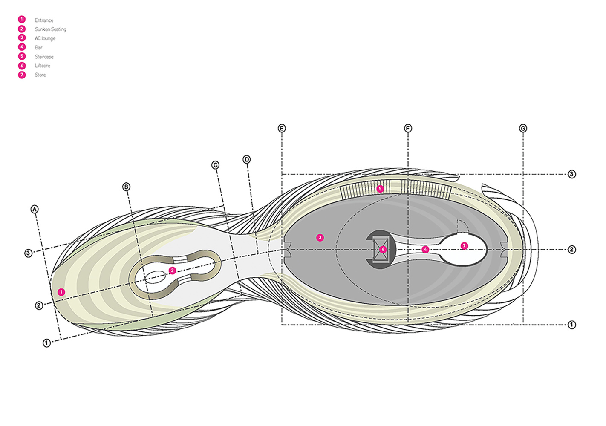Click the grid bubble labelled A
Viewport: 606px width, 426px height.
coord(35,209)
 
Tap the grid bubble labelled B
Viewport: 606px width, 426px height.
coord(126,187)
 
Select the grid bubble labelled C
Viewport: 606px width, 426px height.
coord(215,165)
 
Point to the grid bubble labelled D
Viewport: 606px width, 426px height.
coord(247,159)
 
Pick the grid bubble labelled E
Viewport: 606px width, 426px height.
coord(282,128)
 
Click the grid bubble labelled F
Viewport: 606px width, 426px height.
coord(408,128)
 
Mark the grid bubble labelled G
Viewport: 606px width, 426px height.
coord(523,128)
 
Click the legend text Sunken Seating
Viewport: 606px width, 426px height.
coord(50,29)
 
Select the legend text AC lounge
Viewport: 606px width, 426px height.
coord(45,38)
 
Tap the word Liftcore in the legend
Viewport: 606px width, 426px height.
coord(42,66)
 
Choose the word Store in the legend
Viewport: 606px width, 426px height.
coord(40,75)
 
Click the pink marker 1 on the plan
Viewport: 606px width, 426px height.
coord(61,292)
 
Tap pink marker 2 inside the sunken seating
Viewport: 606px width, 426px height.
coord(172,271)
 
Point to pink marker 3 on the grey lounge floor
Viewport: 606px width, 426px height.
coord(320,237)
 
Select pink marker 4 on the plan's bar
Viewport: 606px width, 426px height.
coord(425,249)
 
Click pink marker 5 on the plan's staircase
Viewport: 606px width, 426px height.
coord(380,189)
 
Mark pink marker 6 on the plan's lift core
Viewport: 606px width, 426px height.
coord(383,249)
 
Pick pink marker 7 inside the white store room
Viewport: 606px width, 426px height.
coord(464,246)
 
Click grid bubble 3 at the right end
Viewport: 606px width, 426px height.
coord(572,174)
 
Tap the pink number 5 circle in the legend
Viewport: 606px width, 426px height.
coord(22,56)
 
